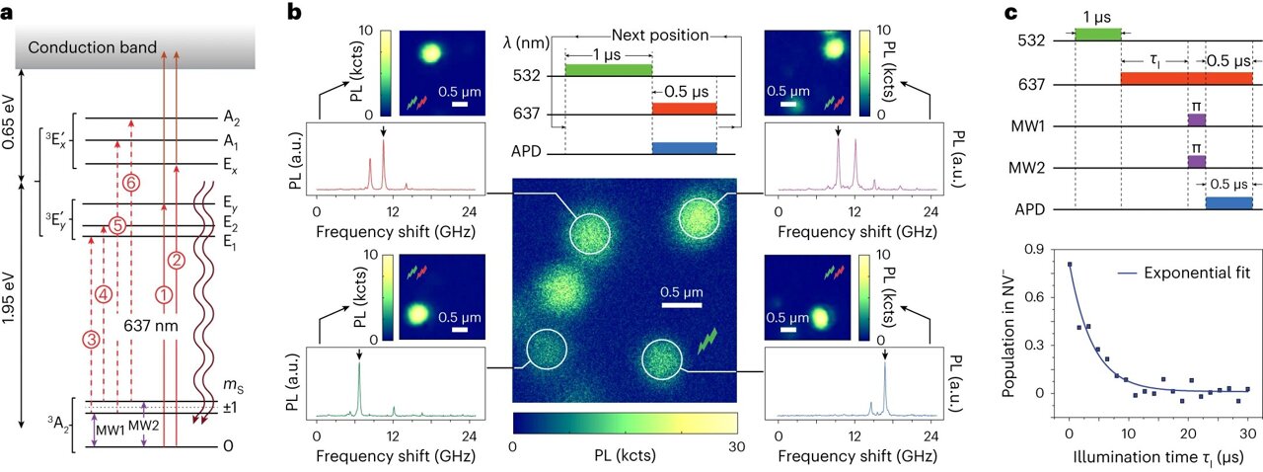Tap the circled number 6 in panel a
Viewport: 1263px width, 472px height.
tap(129, 183)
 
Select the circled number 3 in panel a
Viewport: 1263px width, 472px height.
tap(91, 339)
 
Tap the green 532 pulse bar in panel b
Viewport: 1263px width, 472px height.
tap(608, 70)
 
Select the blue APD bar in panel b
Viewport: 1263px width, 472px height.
tap(684, 147)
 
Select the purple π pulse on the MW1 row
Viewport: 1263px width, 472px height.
tap(1196, 119)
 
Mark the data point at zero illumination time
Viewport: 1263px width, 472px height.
tap(1070, 265)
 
